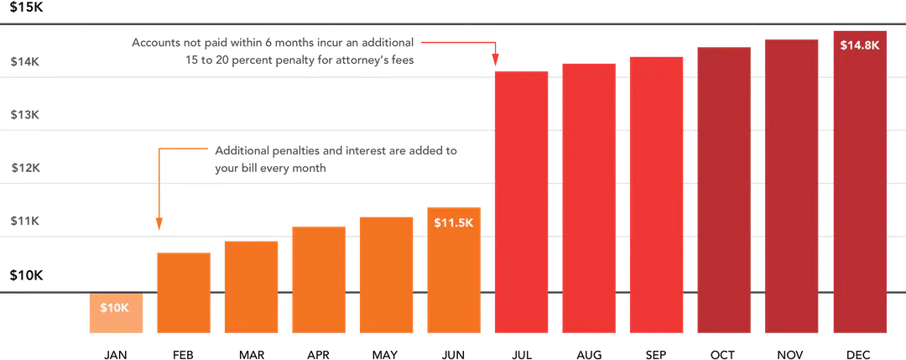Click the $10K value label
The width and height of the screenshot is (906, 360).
click(114, 308)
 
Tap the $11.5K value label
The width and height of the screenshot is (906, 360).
click(453, 222)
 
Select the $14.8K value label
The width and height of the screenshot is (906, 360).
click(859, 45)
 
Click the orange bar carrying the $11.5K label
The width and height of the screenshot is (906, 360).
click(453, 277)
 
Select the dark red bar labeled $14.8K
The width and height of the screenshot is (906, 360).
click(860, 193)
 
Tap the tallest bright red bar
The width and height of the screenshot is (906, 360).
click(656, 193)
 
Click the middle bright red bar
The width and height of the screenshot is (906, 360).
click(588, 197)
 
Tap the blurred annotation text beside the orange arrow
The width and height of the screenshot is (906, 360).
click(336, 159)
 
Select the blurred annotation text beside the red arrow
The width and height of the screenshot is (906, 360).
click(272, 50)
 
